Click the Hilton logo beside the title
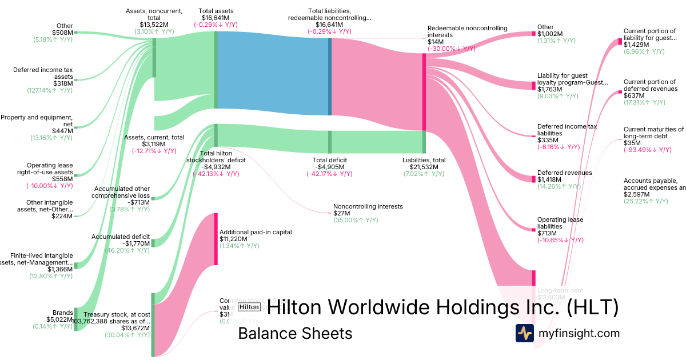(x=249, y=307)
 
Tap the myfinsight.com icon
(x=524, y=333)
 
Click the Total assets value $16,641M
(x=216, y=18)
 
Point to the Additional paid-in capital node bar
(x=216, y=239)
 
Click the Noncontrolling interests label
(x=368, y=206)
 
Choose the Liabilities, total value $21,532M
(x=424, y=167)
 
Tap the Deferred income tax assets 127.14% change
(x=50, y=90)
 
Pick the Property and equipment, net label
(x=37, y=121)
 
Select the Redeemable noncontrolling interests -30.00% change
(x=452, y=49)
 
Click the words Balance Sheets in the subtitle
(x=295, y=333)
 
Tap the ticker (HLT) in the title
(x=593, y=307)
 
